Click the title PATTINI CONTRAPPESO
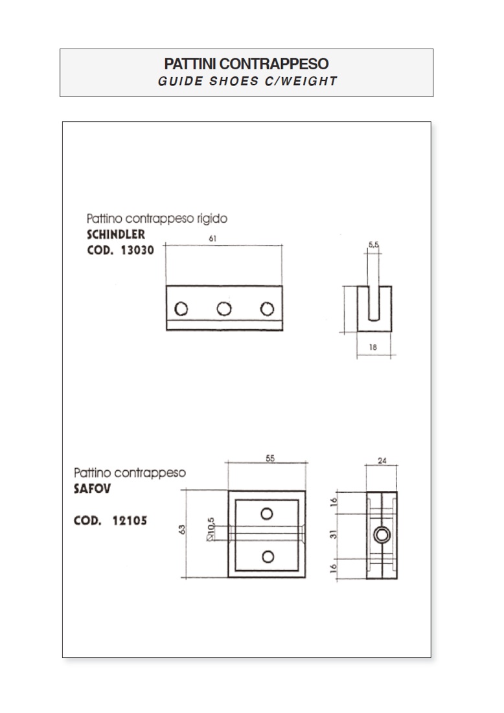(246, 63)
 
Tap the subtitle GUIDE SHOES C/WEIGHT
(247, 82)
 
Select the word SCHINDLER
(116, 234)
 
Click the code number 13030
(137, 250)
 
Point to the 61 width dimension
(212, 238)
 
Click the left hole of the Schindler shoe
(181, 309)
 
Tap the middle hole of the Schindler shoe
(223, 309)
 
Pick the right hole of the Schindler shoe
(267, 309)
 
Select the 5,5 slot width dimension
(373, 245)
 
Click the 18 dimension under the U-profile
(373, 347)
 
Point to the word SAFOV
(93, 489)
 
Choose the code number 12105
(130, 521)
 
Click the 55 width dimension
(270, 458)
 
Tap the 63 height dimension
(183, 530)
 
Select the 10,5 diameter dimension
(211, 529)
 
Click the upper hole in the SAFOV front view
(267, 514)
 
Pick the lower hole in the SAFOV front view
(268, 556)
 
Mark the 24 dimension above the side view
(382, 460)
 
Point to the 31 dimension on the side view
(334, 534)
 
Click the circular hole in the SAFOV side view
(382, 535)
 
